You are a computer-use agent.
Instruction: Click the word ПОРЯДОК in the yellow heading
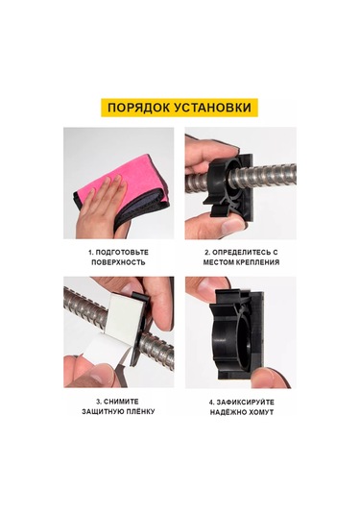(138, 108)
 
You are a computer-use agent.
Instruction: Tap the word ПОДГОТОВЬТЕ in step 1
(122, 252)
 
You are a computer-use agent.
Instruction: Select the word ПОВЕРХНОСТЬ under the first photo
(118, 262)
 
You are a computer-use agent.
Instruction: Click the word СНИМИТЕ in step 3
(121, 402)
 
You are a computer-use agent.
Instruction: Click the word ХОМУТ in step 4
(261, 412)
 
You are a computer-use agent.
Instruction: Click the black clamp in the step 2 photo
(229, 186)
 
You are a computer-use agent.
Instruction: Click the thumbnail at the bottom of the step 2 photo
(231, 225)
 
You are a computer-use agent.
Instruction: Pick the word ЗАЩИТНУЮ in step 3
(102, 411)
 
